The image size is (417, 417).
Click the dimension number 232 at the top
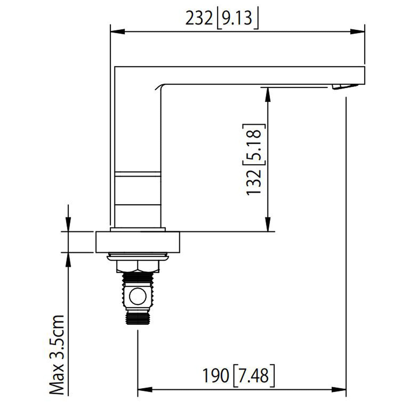tap(199, 19)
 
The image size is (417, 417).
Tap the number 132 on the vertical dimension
tap(254, 182)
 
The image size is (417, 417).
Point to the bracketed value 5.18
tap(254, 144)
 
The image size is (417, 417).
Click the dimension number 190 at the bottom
tap(215, 376)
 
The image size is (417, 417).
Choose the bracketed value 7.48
tap(253, 376)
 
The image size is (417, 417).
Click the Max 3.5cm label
tap(57, 355)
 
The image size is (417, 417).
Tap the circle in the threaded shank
tap(138, 296)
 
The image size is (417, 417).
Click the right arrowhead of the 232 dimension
tap(358, 32)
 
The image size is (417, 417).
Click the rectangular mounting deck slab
tap(138, 242)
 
